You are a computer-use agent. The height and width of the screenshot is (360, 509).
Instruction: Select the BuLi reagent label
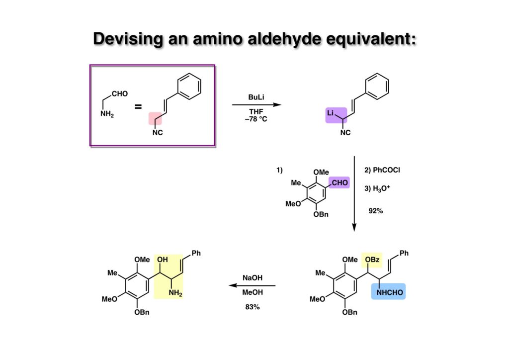(256, 98)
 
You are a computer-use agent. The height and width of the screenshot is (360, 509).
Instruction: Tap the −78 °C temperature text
(256, 119)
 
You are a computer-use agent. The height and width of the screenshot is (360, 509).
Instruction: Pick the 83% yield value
(252, 307)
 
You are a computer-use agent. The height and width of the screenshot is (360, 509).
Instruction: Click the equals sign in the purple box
(138, 106)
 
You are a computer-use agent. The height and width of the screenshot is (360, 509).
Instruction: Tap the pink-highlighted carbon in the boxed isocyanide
(157, 119)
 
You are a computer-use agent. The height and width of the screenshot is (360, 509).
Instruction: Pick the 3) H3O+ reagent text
(378, 188)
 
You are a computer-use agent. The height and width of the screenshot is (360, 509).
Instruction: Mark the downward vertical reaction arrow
(354, 194)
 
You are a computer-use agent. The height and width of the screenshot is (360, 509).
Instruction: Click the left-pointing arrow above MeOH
(252, 286)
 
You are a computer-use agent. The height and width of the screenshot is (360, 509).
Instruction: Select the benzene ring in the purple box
(190, 86)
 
